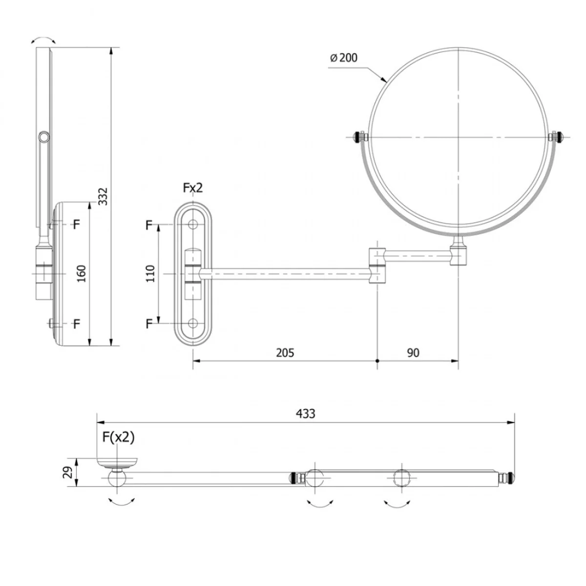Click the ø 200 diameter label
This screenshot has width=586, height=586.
coord(344,58)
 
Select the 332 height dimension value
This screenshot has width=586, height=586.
coord(104,196)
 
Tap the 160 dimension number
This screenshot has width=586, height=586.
coord(81,273)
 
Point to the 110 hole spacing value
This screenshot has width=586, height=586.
coord(150,273)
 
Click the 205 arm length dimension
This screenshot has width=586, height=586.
coord(285,353)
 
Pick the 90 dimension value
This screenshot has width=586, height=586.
coord(413,353)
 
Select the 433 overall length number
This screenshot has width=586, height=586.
coord(305,414)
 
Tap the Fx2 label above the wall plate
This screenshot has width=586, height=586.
coord(193,188)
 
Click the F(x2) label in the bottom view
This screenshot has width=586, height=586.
coord(118,437)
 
